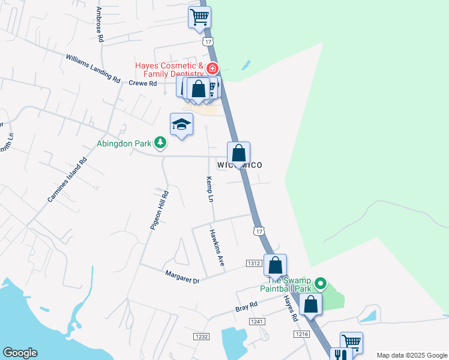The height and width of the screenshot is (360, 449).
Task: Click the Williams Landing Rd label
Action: coord(93,69)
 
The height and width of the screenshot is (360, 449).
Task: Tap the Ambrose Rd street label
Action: coord(100,24)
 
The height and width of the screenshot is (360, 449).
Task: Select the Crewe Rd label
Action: coord(142,83)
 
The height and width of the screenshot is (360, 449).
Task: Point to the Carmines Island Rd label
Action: coord(67,179)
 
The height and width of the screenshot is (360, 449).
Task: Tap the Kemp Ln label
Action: coord(210,189)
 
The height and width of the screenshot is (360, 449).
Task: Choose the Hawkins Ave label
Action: coord(217,248)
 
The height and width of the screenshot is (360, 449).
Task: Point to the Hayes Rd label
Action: coord(291,307)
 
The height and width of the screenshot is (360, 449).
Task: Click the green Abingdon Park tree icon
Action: coord(160,143)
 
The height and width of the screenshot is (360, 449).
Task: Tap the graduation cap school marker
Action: coord(181,124)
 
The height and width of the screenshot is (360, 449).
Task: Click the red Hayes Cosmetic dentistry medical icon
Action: coord(211,68)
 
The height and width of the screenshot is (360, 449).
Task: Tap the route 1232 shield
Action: coord(201,337)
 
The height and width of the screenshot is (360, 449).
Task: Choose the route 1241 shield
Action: coord(258,322)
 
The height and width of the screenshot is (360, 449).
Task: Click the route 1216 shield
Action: coord(301,334)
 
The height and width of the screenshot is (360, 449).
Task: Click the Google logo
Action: coord(20,353)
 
